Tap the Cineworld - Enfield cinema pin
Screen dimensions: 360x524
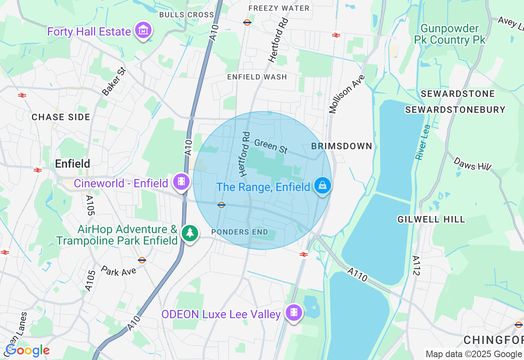(x=181, y=181)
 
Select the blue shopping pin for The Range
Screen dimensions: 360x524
(x=323, y=185)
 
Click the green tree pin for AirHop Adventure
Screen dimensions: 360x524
(x=190, y=233)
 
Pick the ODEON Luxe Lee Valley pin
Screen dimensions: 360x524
(x=294, y=313)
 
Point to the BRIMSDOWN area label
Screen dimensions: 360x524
(x=342, y=146)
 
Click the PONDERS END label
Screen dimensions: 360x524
(x=240, y=232)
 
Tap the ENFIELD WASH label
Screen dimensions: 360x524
(x=257, y=77)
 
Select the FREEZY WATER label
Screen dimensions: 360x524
(x=279, y=8)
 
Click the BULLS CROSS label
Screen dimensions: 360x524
(x=187, y=15)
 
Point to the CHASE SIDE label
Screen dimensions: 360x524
(x=61, y=117)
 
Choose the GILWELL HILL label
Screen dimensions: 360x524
(x=431, y=219)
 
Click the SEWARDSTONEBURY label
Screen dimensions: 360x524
(x=455, y=110)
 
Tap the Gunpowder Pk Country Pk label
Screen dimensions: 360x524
(x=449, y=34)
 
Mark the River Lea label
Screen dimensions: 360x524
(x=421, y=142)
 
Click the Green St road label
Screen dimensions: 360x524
(x=271, y=146)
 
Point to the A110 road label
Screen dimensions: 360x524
(x=357, y=274)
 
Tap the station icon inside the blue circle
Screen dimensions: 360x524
(x=221, y=205)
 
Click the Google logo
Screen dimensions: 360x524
(x=28, y=350)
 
